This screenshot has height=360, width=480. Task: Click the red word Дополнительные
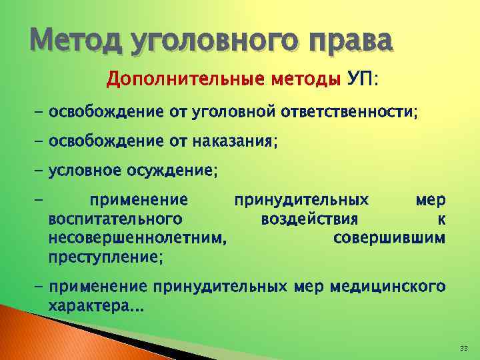click(x=185, y=81)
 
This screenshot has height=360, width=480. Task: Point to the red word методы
click(x=305, y=81)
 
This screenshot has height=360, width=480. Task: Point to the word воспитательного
click(x=117, y=219)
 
